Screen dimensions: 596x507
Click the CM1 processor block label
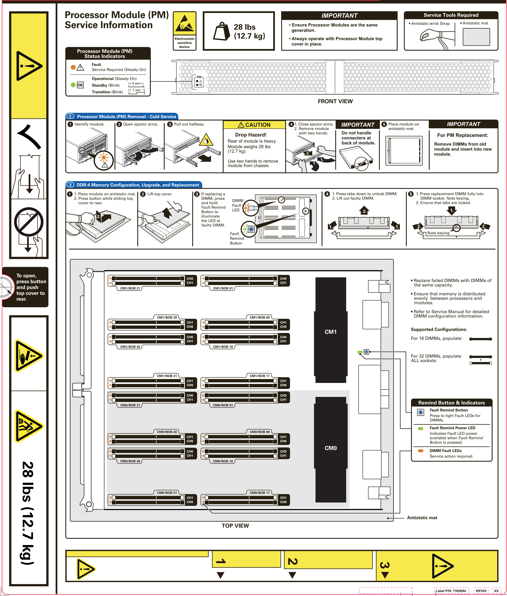(330, 332)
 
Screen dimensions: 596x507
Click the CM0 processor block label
(330, 448)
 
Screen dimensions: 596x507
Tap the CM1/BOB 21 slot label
(130, 288)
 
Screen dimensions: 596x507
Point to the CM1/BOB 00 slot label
(260, 317)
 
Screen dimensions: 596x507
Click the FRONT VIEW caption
(335, 101)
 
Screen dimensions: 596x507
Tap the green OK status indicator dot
(73, 85)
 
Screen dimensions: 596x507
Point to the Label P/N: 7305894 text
(451, 591)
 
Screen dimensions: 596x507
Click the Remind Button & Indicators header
(451, 403)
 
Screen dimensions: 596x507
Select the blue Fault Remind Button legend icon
(421, 412)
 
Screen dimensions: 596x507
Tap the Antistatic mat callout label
(422, 518)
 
